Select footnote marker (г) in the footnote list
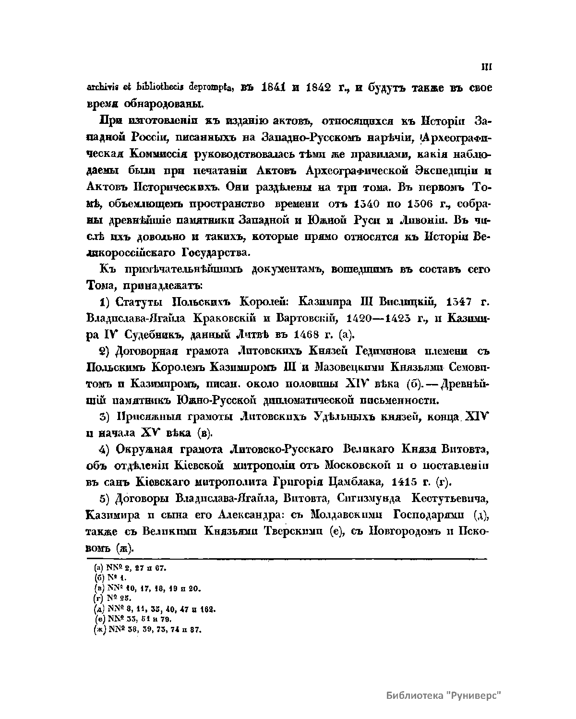tap(99, 598)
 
